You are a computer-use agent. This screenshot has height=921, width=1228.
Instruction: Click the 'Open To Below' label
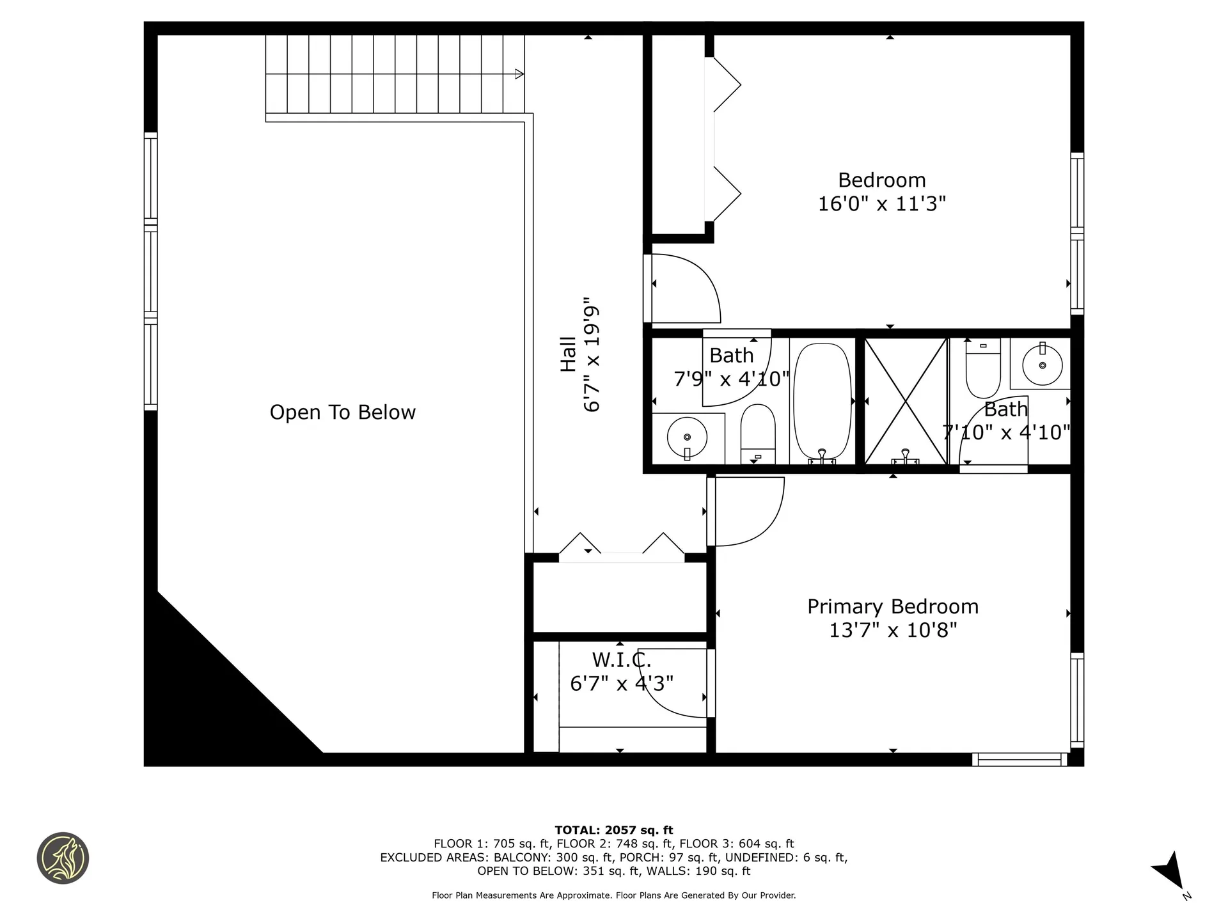[343, 413]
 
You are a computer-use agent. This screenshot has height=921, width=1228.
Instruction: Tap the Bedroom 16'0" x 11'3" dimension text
[882, 203]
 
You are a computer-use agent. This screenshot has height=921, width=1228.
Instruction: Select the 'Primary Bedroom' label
[893, 606]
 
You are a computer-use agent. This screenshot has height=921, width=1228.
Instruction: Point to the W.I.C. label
[621, 659]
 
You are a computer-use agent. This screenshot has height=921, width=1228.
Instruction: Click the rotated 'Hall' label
[568, 354]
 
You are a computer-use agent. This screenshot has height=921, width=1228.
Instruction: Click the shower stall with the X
[905, 401]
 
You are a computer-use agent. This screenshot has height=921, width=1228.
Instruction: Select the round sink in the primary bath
[1043, 365]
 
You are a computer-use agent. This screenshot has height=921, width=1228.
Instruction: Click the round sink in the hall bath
[687, 437]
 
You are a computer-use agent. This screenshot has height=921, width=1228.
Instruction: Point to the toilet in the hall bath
[758, 434]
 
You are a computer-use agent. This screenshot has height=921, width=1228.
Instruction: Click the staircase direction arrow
[519, 74]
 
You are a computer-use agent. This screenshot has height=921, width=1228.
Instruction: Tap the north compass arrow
[1170, 871]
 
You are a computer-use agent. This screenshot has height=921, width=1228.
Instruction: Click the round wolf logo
[63, 858]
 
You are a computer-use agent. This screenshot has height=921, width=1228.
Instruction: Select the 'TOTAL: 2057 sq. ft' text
[614, 830]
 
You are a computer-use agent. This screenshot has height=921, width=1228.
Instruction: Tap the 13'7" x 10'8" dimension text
[893, 631]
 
